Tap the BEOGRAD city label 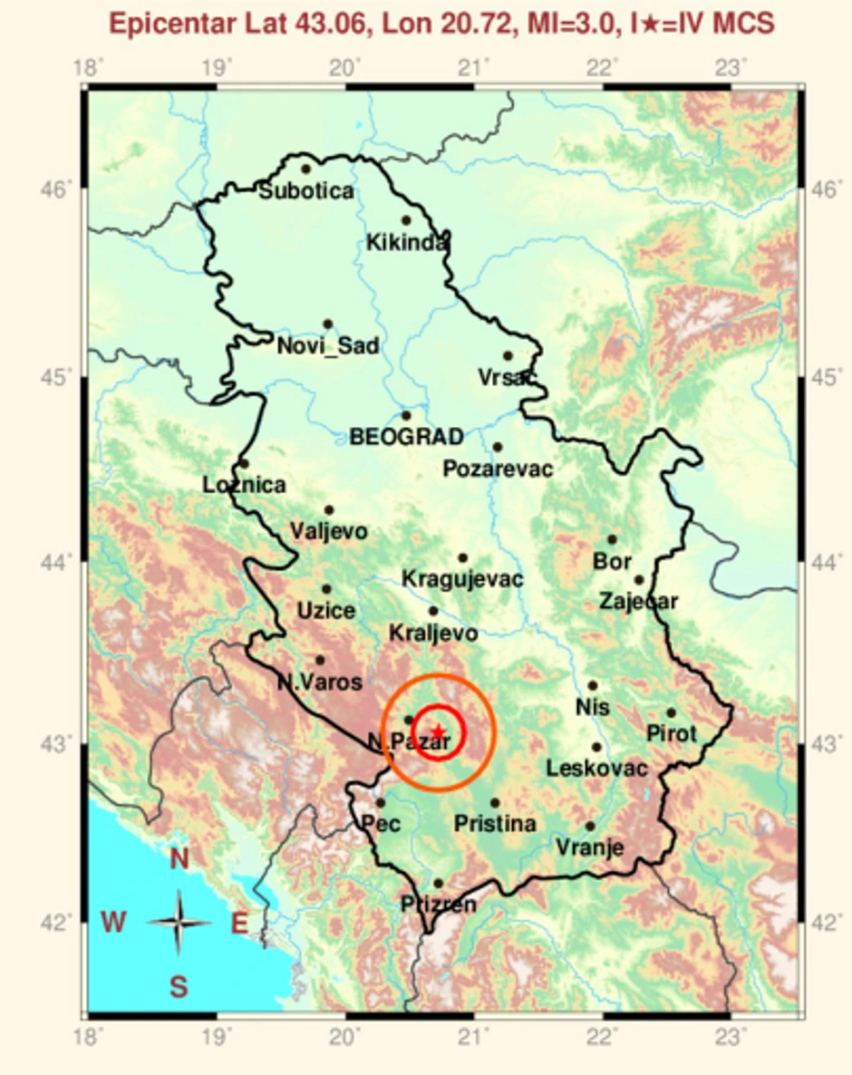point(407,437)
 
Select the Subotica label point(306,191)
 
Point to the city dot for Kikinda point(406,220)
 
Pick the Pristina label point(495,824)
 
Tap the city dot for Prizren point(439,883)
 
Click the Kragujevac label point(462,578)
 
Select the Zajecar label point(638,601)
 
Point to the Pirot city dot point(672,712)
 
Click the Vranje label point(590,847)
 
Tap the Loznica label point(244,485)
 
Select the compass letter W point(113,924)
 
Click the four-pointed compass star point(179,924)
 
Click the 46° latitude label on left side point(54,189)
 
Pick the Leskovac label point(596,769)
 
